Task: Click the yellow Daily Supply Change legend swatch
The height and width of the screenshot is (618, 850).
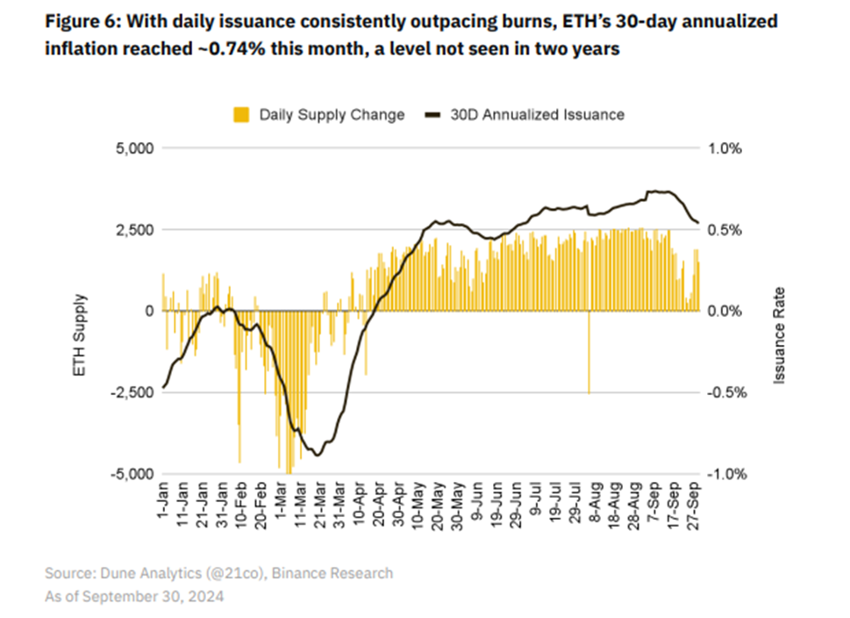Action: tap(241, 114)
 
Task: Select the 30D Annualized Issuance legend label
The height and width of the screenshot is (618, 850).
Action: tap(537, 114)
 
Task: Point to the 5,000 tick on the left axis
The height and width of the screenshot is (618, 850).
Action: tap(134, 148)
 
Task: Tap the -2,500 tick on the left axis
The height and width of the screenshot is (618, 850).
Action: tap(131, 392)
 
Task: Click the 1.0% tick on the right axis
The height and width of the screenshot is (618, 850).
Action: tap(725, 148)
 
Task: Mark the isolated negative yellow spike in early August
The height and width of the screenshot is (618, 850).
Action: tap(589, 369)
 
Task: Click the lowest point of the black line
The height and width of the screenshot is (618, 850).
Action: tap(318, 455)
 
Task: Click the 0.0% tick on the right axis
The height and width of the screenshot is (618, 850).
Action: tap(725, 311)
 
